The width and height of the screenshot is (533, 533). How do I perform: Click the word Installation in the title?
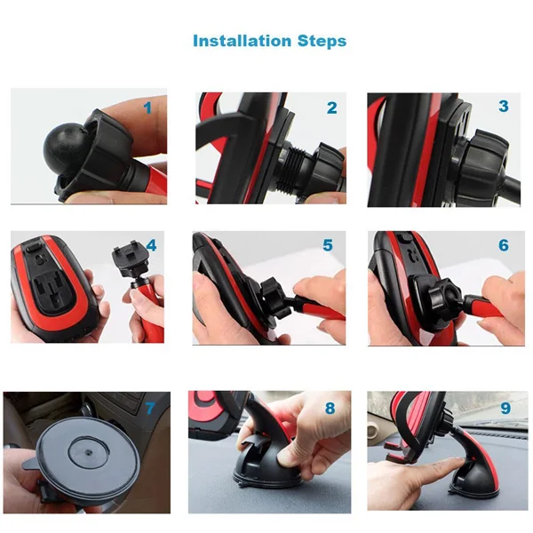coord(243,41)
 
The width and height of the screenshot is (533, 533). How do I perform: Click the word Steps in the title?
coord(322,42)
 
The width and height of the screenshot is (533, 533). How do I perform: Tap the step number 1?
coord(147,108)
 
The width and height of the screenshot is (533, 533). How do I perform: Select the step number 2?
coord(331,108)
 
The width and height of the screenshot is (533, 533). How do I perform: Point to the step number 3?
coord(504,106)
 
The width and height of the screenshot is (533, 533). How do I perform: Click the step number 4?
coord(151,245)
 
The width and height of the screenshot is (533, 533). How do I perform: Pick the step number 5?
coord(328,245)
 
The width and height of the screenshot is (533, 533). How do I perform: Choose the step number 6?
coord(504,245)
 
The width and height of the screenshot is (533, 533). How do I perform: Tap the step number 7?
coord(150,409)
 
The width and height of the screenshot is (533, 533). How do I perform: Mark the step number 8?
coord(330,409)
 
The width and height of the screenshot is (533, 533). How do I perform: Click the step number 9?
coord(505,408)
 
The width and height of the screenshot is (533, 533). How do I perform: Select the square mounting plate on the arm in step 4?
coord(128,259)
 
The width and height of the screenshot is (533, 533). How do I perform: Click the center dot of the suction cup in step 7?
coord(88,453)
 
